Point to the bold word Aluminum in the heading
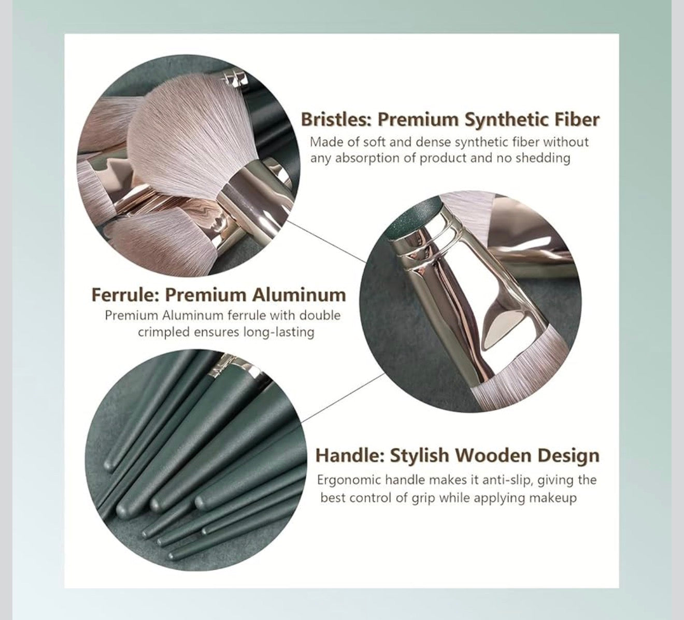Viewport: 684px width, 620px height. coord(299,295)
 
